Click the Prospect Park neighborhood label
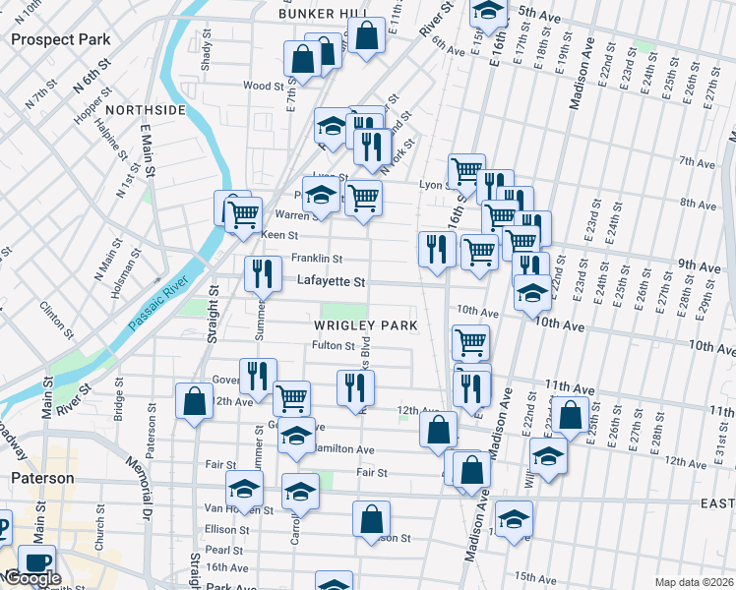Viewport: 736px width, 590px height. coord(60,39)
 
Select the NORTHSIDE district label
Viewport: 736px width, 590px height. coord(143,110)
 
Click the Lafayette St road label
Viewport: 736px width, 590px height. coord(331,281)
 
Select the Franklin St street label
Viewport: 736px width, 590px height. coord(316,259)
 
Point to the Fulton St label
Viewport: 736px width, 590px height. coord(333,345)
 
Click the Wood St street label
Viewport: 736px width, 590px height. coord(263,87)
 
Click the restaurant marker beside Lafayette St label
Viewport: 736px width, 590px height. coord(261,273)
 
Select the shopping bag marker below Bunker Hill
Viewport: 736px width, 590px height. coord(366,35)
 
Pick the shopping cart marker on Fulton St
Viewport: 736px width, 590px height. coord(471,341)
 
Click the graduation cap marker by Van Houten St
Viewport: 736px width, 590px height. coord(244,487)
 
